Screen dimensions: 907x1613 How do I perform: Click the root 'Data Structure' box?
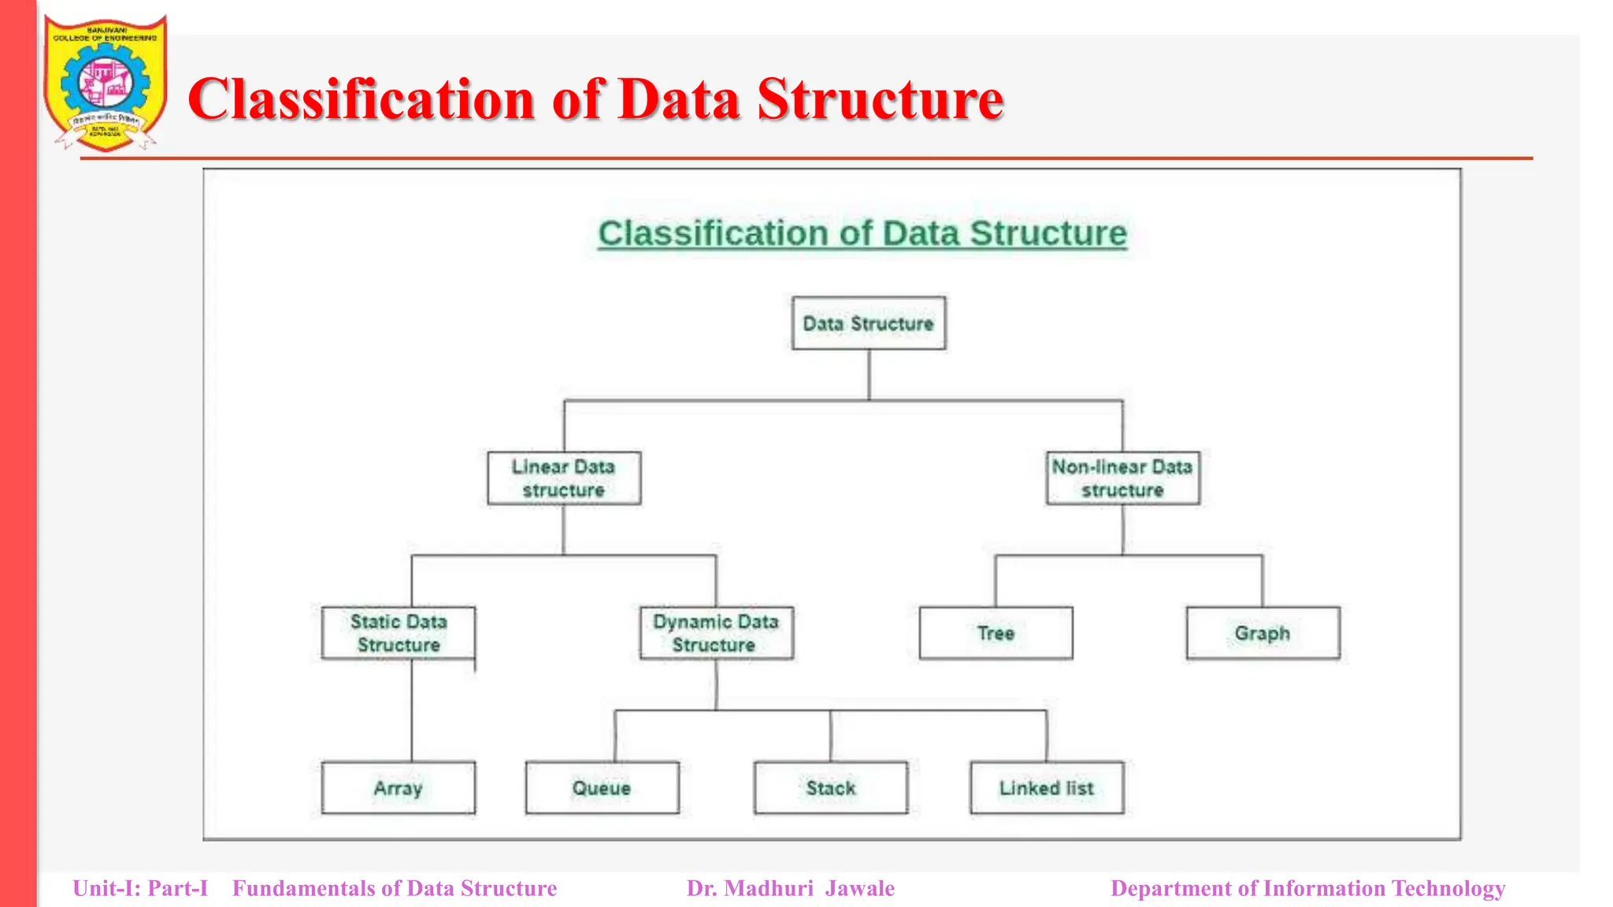[x=868, y=323]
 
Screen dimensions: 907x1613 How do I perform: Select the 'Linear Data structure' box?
[x=563, y=478]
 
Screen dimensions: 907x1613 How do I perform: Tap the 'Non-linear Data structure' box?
[x=1122, y=478]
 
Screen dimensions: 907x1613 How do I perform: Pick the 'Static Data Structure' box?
[x=398, y=633]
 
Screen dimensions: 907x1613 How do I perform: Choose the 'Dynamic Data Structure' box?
[x=716, y=633]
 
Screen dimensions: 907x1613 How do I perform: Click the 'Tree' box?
[x=996, y=633]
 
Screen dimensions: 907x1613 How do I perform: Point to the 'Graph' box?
[x=1263, y=633]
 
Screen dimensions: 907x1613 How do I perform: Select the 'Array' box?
[x=398, y=787]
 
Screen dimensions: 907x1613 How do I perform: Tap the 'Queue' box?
[x=602, y=787]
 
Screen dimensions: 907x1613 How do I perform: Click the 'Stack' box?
[x=830, y=787]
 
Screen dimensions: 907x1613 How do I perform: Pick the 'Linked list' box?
[x=1046, y=787]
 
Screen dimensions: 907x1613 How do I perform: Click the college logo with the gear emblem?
[x=106, y=83]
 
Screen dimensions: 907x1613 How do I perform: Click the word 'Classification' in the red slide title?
[x=362, y=100]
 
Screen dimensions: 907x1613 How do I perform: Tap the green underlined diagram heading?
[x=862, y=233]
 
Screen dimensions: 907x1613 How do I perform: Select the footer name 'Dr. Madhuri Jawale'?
[x=790, y=888]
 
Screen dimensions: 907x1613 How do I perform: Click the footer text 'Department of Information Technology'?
[x=1307, y=888]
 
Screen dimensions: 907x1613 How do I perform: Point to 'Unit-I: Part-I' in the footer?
[x=140, y=888]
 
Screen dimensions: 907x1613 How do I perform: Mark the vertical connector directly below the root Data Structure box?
[x=869, y=375]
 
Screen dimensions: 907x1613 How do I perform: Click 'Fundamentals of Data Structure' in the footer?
[x=395, y=888]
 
